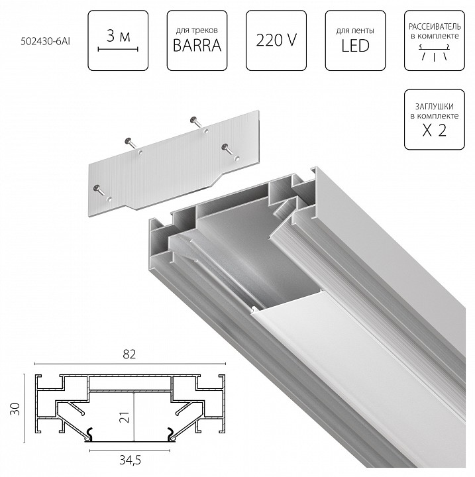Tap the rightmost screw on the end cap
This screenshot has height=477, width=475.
click(226, 148)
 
